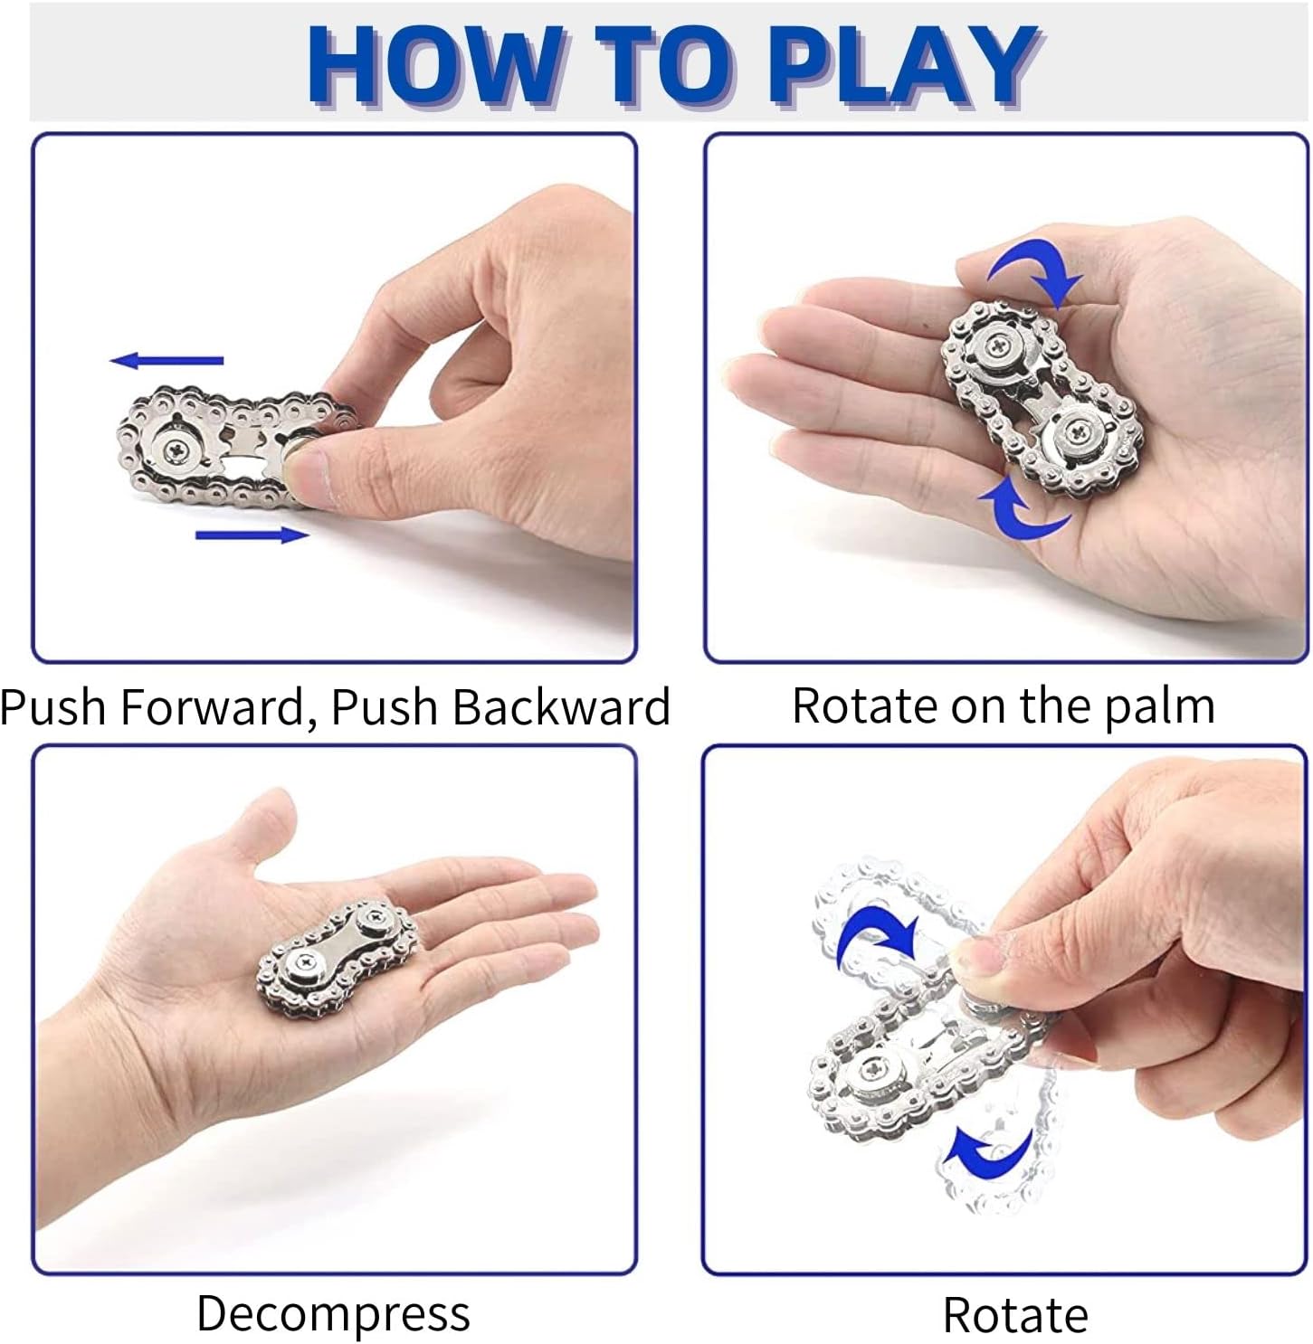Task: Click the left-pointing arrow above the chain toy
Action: coord(167,360)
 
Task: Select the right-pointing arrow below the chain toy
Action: coord(252,535)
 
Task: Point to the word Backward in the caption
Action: coord(561,706)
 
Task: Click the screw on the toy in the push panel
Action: coord(178,450)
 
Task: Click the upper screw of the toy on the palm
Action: coord(998,343)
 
